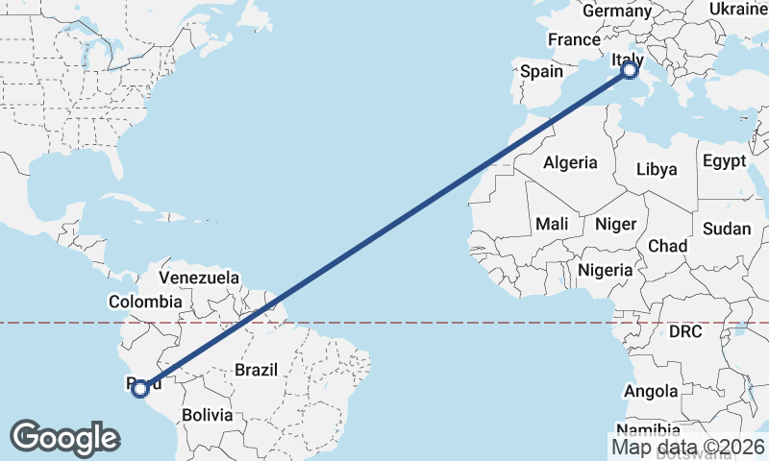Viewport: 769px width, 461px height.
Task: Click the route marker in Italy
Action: tap(630, 70)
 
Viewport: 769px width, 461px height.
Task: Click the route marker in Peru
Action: tap(140, 388)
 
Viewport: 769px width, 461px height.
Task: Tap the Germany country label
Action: tap(616, 11)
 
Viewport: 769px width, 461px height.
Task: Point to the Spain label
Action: tap(541, 71)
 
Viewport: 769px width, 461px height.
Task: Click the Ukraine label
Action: tap(738, 9)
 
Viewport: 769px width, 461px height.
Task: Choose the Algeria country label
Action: tap(570, 163)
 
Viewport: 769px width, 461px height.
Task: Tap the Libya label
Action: tap(657, 169)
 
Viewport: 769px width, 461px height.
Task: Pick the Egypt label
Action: tap(724, 160)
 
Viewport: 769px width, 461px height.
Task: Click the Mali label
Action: tap(552, 224)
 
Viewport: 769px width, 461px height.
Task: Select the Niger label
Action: tap(615, 224)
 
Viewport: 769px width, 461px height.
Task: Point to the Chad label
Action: tap(667, 246)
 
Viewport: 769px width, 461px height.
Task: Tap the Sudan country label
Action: tap(727, 229)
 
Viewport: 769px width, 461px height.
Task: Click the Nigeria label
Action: tap(606, 270)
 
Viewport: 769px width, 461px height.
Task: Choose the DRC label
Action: tap(686, 332)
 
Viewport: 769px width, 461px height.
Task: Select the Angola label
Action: tap(651, 391)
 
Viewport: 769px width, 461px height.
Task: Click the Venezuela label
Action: tap(199, 278)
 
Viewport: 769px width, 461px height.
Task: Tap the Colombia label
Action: tap(144, 302)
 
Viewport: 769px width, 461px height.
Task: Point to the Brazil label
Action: tap(256, 370)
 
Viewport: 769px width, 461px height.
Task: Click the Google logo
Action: tap(64, 438)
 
